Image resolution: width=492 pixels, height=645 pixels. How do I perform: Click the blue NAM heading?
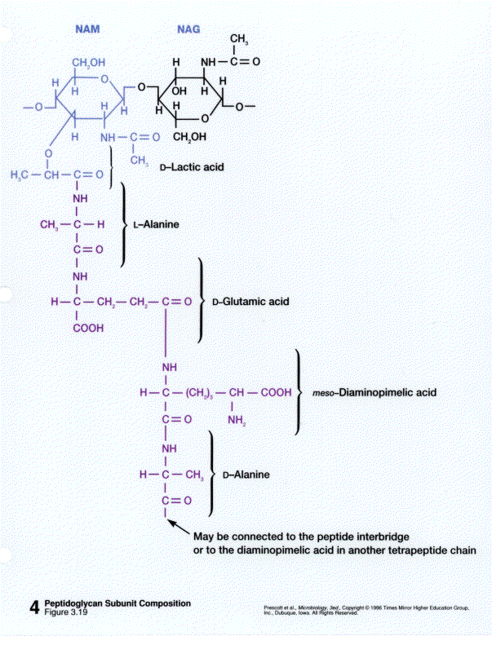click(87, 29)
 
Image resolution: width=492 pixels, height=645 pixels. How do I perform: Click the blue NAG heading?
click(189, 29)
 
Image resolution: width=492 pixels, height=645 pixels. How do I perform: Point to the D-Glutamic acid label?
click(250, 302)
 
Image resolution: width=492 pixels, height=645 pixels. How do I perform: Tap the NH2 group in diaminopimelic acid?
click(237, 421)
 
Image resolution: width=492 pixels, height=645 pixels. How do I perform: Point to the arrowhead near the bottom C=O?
click(173, 524)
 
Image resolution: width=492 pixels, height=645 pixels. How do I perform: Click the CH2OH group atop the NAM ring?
click(90, 63)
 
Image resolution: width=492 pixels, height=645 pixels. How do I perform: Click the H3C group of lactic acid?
click(20, 175)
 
